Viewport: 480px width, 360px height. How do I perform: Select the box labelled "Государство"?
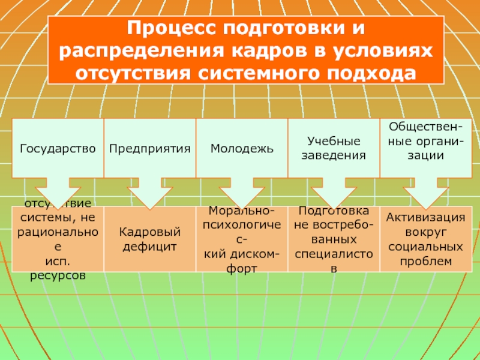pyautogui.click(x=58, y=148)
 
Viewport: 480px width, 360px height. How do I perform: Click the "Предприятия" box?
pyautogui.click(x=150, y=148)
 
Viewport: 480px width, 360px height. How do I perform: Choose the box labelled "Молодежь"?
pyautogui.click(x=242, y=148)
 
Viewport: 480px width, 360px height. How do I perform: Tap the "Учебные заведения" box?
pyautogui.click(x=334, y=148)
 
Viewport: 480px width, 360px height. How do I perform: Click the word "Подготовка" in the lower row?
pyautogui.click(x=334, y=212)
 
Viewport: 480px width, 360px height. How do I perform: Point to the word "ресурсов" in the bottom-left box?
pyautogui.click(x=58, y=275)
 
